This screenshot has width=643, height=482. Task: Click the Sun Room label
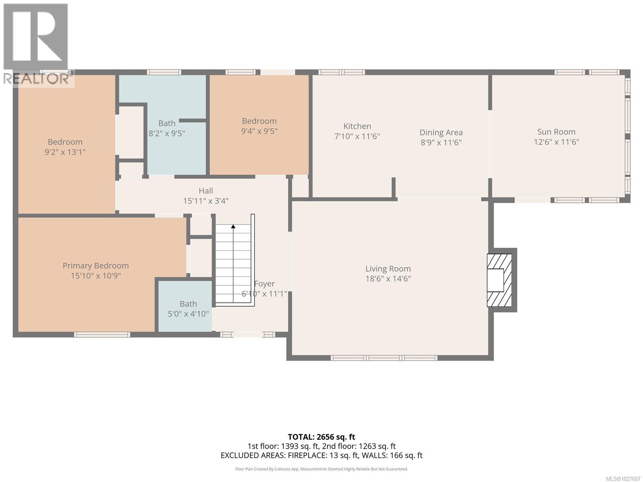pyautogui.click(x=556, y=132)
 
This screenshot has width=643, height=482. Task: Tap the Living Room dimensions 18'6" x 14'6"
pyautogui.click(x=388, y=279)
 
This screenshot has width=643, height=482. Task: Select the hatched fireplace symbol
pyautogui.click(x=500, y=280)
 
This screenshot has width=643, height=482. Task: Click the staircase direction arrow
pyautogui.click(x=233, y=227)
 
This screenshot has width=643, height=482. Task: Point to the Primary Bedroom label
pyautogui.click(x=96, y=266)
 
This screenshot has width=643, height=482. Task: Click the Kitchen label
pyautogui.click(x=357, y=126)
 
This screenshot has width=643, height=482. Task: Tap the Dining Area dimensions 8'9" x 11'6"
pyautogui.click(x=441, y=142)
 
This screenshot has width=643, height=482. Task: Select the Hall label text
pyautogui.click(x=206, y=191)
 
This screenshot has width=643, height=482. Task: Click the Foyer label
pyautogui.click(x=264, y=284)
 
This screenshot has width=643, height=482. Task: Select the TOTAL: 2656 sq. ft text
pyautogui.click(x=321, y=437)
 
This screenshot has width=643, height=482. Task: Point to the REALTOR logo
pyautogui.click(x=37, y=44)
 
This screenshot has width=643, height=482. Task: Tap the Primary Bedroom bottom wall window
pyautogui.click(x=102, y=334)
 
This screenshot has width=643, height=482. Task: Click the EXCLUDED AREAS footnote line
pyautogui.click(x=321, y=455)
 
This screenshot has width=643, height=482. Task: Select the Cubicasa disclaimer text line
pyautogui.click(x=321, y=469)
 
